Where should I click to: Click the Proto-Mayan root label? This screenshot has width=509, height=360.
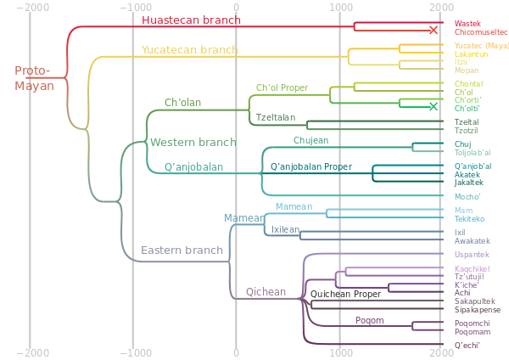[x=33, y=78]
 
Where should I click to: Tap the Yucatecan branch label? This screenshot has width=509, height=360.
[x=189, y=50]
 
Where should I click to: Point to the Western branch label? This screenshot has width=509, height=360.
[x=193, y=142]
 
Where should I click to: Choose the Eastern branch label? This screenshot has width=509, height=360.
[x=182, y=250]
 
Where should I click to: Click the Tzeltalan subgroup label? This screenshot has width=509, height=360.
[x=276, y=116]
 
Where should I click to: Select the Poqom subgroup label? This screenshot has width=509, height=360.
[x=369, y=321]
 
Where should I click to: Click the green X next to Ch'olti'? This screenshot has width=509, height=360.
[x=433, y=107]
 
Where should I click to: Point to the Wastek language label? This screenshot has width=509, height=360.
[x=467, y=22]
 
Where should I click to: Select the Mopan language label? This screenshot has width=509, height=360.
[x=466, y=70]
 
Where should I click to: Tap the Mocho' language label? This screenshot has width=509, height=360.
[x=467, y=196]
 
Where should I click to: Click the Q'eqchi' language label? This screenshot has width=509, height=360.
[x=467, y=345]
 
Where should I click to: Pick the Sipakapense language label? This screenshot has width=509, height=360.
[x=477, y=311]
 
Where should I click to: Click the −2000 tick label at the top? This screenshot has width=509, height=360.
[x=31, y=7]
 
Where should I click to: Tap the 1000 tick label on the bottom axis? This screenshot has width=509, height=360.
[x=339, y=352]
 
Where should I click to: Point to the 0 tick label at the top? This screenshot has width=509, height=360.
[x=236, y=7]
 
